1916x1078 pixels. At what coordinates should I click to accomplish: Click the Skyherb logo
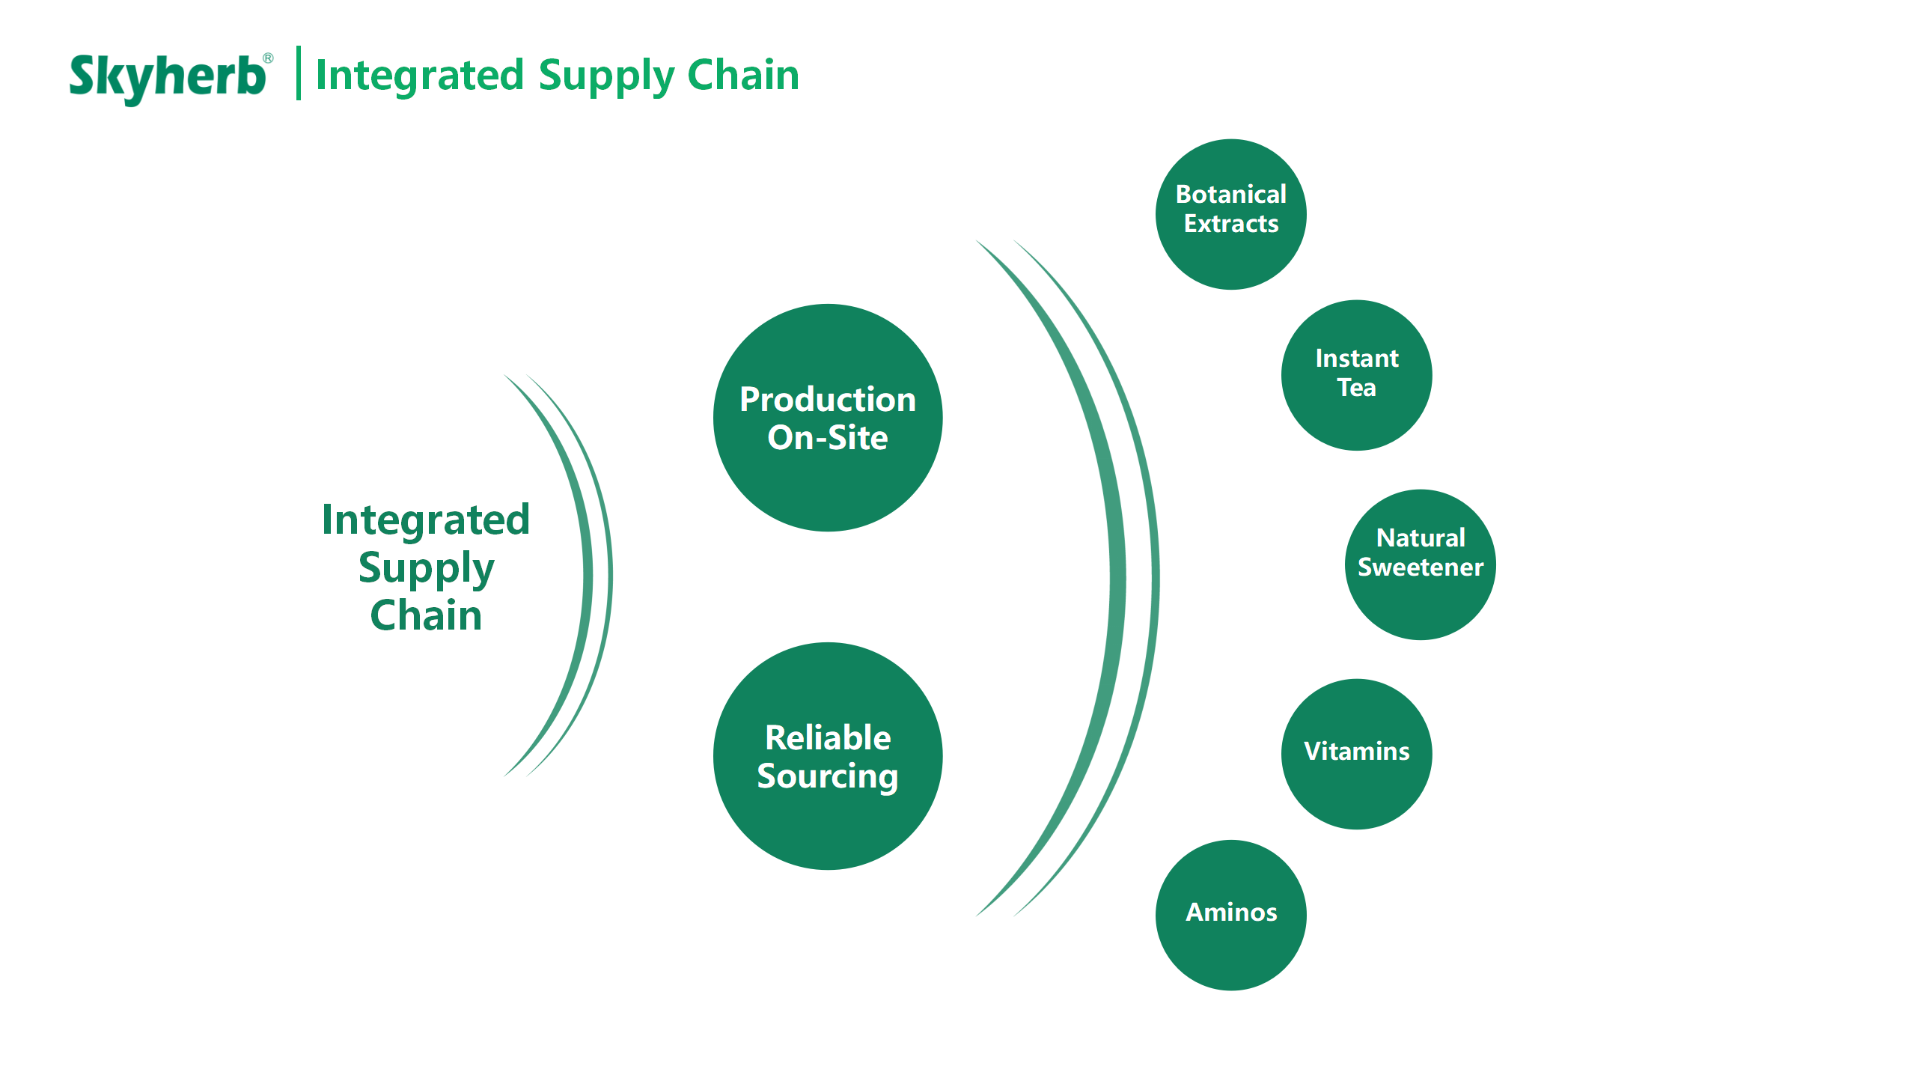coord(167,76)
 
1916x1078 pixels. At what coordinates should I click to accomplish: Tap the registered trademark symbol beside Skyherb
coord(268,58)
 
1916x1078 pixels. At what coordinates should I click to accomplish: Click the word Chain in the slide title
coord(742,75)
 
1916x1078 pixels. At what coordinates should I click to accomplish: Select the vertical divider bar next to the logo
coord(299,73)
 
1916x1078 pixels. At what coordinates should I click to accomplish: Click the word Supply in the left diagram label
coord(426,569)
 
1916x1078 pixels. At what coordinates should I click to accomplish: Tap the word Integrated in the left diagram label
coord(426,520)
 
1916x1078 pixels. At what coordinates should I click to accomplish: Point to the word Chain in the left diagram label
coord(426,615)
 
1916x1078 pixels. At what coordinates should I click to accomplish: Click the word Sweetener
coord(1420,567)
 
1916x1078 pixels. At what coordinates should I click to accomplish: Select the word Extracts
coord(1230,224)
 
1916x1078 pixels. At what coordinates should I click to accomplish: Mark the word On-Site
coord(827,438)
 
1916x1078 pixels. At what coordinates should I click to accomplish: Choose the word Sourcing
coord(827,776)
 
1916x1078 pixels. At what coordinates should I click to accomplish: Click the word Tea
coord(1356,388)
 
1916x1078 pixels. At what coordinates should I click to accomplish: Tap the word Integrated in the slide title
coord(419,75)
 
